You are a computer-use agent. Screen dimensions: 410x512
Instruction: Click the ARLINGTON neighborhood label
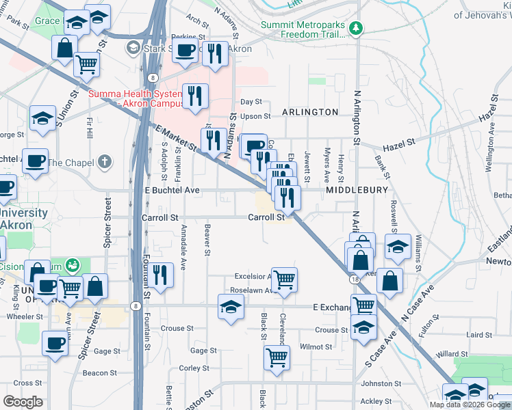point(310,111)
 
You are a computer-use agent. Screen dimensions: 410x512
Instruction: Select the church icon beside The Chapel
point(104,162)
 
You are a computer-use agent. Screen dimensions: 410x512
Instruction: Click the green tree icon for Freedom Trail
point(355,29)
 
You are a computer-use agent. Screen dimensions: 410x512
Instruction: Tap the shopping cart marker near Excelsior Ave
point(283,279)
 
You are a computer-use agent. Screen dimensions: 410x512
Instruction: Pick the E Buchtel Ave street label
point(172,190)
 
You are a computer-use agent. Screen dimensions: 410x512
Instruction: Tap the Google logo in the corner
point(23,401)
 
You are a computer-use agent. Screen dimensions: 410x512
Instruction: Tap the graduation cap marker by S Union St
point(42,118)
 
